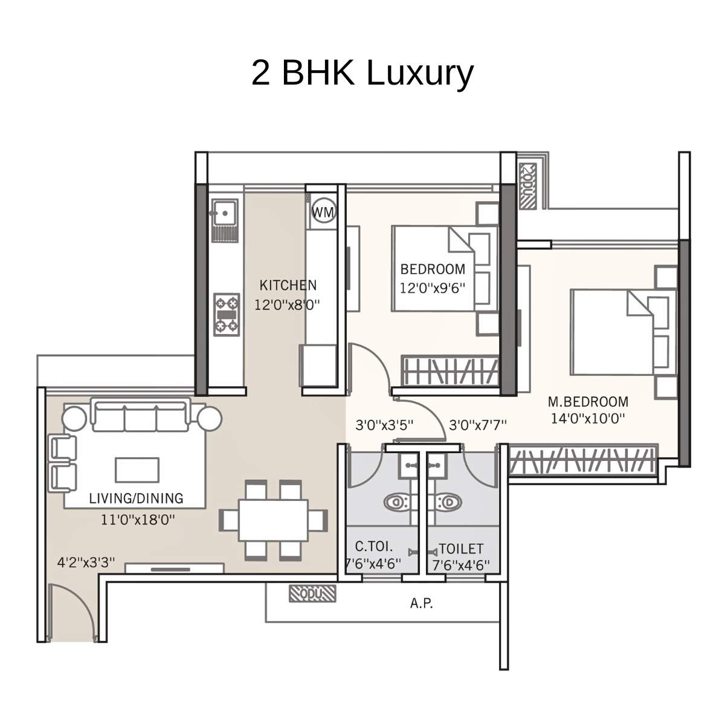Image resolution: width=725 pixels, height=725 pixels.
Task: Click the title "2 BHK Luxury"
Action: [x=362, y=73]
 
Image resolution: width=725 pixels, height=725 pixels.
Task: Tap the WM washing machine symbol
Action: [x=324, y=212]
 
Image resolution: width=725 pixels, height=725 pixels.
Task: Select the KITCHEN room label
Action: [x=288, y=285]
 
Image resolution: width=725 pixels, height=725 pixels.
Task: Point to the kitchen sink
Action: [x=223, y=213]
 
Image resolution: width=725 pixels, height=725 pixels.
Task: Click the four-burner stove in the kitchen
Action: [x=227, y=314]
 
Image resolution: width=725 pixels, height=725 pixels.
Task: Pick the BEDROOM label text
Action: [x=433, y=269]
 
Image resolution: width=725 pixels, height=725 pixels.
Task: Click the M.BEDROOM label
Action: [x=587, y=402]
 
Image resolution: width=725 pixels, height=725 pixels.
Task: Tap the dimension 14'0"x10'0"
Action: [x=587, y=417]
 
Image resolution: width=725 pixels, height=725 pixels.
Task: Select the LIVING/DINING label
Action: [x=136, y=498]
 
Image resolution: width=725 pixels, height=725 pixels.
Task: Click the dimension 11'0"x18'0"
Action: [x=138, y=518]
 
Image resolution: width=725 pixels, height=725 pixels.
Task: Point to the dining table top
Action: [x=272, y=520]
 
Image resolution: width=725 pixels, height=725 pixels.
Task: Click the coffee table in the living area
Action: [x=137, y=470]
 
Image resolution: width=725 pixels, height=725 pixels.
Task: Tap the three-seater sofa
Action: [x=141, y=415]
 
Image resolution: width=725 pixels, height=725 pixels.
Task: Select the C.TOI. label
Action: [x=373, y=547]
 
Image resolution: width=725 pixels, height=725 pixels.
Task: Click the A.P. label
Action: [x=421, y=603]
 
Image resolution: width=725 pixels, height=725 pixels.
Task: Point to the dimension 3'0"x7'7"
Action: [x=477, y=425]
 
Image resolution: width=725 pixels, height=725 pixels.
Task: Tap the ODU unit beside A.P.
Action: [x=312, y=594]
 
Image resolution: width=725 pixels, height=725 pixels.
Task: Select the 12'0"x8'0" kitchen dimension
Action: [x=286, y=304]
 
